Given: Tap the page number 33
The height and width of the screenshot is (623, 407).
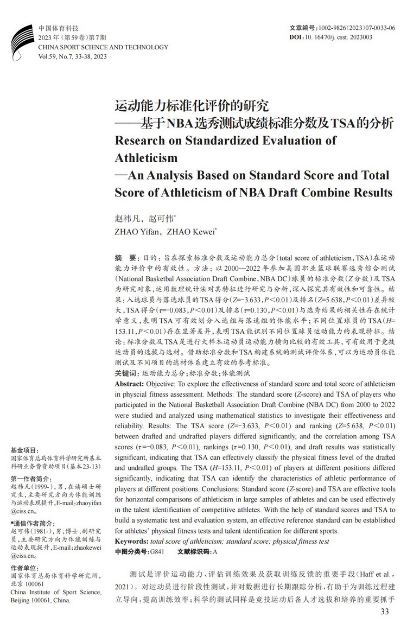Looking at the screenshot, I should [x=385, y=612].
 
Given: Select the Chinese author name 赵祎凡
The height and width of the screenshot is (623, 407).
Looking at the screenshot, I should [x=127, y=218].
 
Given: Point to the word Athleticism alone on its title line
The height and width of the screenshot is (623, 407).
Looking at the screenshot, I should [x=147, y=158].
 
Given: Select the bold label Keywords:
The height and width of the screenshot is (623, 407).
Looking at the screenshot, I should [x=132, y=542].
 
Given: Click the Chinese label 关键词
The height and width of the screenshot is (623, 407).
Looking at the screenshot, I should [x=127, y=374].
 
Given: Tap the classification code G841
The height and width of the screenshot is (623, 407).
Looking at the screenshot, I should [x=157, y=552].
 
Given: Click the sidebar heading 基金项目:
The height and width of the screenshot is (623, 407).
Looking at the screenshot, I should [x=25, y=450].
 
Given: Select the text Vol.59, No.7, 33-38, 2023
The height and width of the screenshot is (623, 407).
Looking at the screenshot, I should [x=73, y=56].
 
